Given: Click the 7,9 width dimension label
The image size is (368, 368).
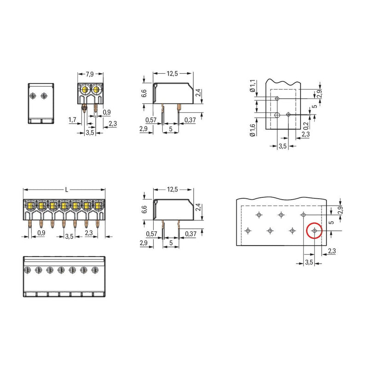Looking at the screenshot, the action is (90, 74).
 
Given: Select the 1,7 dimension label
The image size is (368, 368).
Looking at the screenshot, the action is (72, 120).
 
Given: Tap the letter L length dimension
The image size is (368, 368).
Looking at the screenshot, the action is (66, 190).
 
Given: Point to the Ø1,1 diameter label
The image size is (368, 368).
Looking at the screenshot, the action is (252, 86).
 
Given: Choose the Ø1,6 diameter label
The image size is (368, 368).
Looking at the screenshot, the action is (252, 130).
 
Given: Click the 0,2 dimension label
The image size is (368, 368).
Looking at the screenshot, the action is (306, 126).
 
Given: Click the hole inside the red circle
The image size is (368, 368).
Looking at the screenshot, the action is (315, 231).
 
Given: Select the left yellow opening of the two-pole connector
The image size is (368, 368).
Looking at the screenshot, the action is (85, 89).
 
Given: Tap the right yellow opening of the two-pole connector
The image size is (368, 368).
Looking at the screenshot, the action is (96, 89).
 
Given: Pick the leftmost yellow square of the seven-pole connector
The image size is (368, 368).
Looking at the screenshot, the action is (30, 206).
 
